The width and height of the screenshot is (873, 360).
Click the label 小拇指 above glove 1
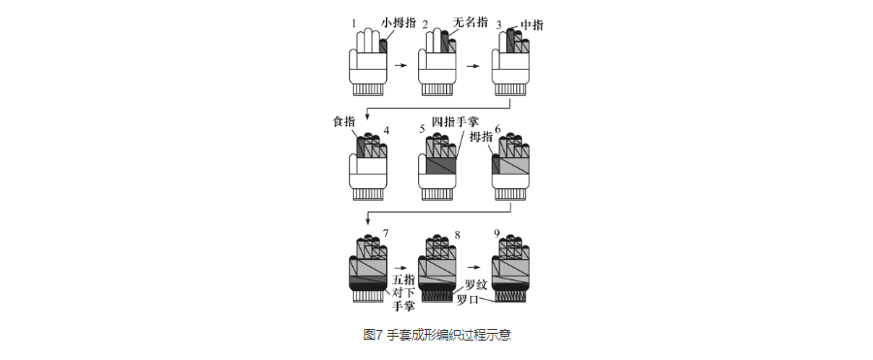pyautogui.click(x=399, y=23)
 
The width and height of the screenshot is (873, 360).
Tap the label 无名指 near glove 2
pyautogui.click(x=470, y=22)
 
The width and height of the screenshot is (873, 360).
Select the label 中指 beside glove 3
pyautogui.click(x=532, y=25)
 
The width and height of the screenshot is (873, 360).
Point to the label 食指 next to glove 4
pyautogui.click(x=343, y=122)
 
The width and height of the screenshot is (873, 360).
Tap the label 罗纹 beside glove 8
pyautogui.click(x=476, y=285)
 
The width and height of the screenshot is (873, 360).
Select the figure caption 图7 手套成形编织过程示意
pyautogui.click(x=436, y=335)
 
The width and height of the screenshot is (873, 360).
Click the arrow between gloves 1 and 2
pyautogui.click(x=402, y=66)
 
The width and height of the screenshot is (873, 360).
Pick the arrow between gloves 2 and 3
pyautogui.click(x=472, y=66)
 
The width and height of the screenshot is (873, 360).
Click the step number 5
pyautogui.click(x=423, y=130)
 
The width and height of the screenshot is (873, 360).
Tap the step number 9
pyautogui.click(x=496, y=235)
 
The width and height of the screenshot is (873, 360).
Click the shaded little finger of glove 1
pyautogui.click(x=383, y=47)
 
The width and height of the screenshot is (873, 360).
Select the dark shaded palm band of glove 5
pyautogui.click(x=441, y=166)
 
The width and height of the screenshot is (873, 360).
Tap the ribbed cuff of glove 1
pyautogui.click(x=368, y=89)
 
